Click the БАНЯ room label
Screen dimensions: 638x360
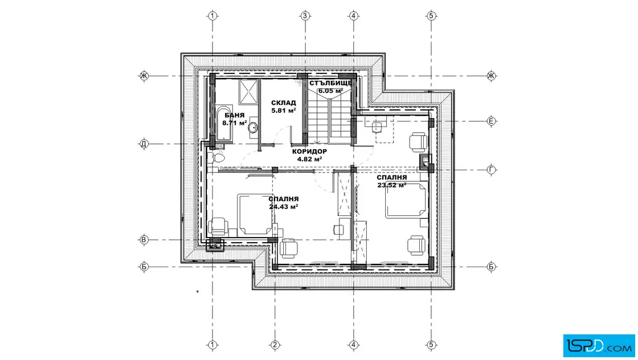tap(234, 116)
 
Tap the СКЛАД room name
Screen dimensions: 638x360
tap(284, 103)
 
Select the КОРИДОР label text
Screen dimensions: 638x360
tap(310, 152)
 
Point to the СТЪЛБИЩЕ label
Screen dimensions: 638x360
tap(330, 83)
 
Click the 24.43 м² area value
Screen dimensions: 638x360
tap(284, 207)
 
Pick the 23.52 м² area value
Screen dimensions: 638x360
tap(392, 185)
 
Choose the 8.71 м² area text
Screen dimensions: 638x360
tap(235, 122)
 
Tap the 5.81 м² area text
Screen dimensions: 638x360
tap(284, 111)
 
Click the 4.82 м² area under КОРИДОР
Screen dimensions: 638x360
tap(310, 159)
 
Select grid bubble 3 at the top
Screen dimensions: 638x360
tap(305, 16)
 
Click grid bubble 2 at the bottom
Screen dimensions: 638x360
tap(275, 345)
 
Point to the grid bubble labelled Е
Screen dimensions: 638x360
tap(491, 121)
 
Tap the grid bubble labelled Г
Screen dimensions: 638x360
tap(491, 170)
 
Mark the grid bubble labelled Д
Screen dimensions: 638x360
tap(144, 144)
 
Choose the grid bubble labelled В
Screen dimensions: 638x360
tap(144, 240)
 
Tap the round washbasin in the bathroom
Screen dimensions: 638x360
tap(253, 128)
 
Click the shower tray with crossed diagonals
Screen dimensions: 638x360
tap(248, 92)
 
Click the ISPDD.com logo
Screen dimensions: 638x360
tap(599, 345)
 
